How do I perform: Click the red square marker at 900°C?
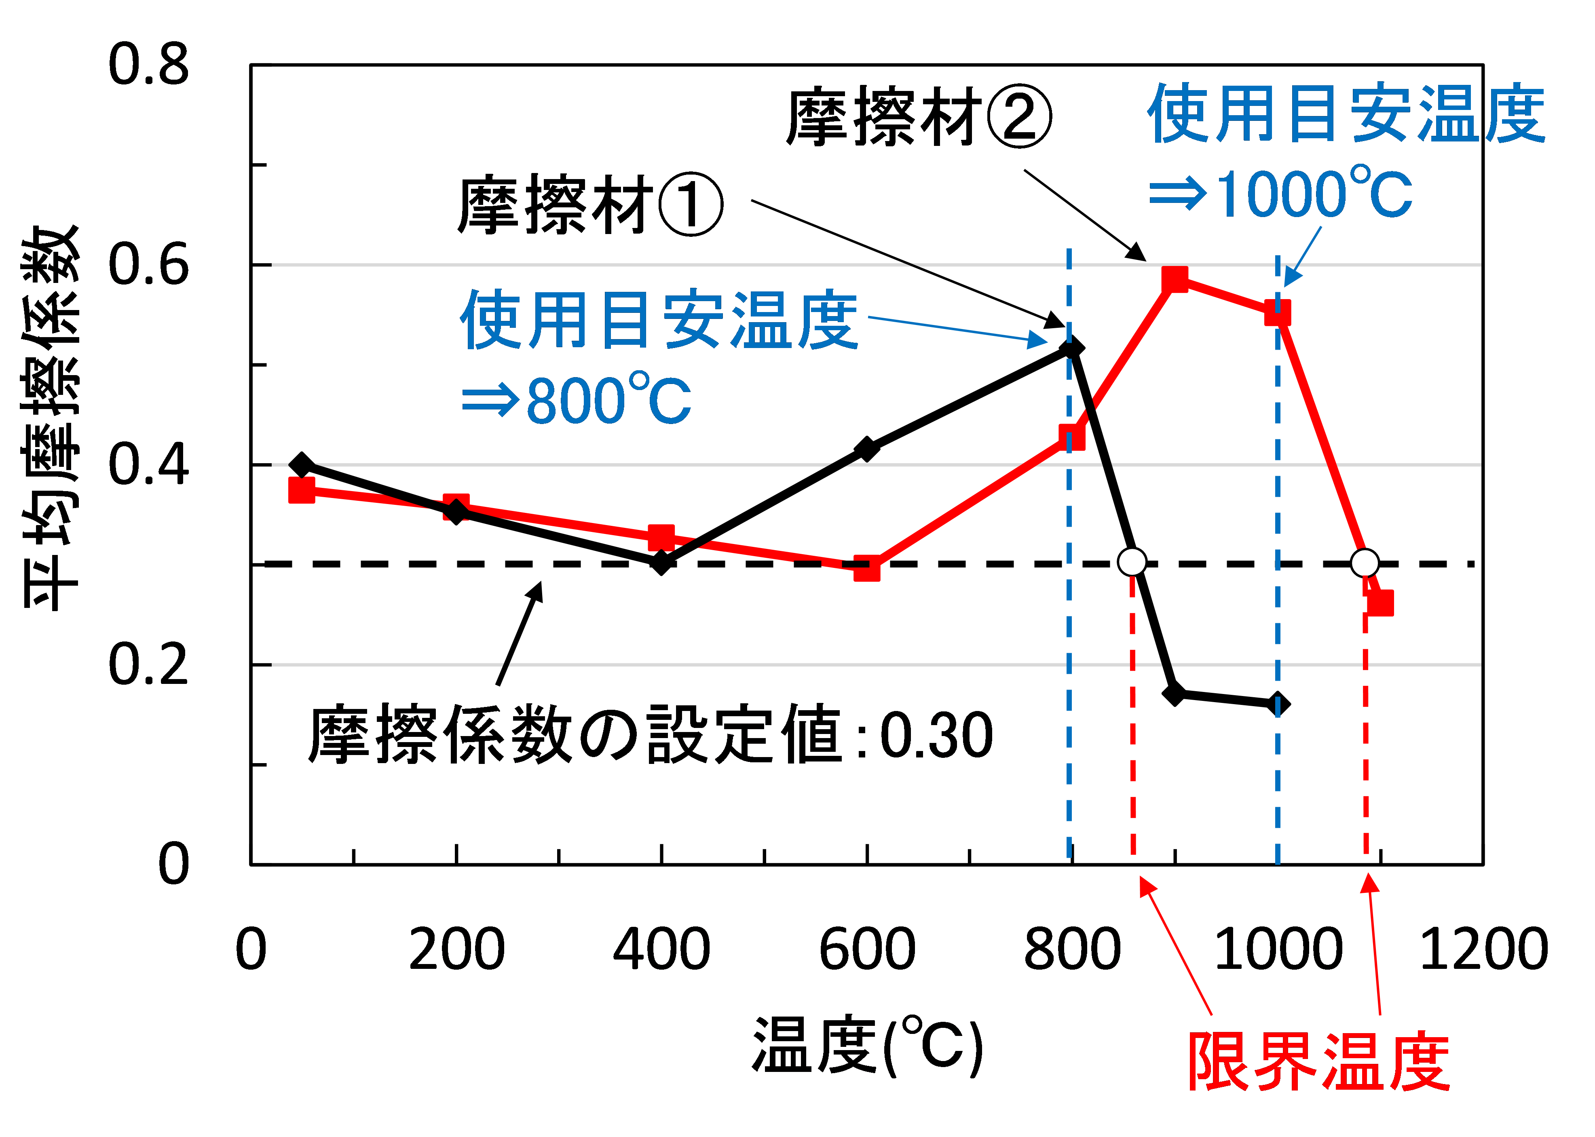click(1175, 279)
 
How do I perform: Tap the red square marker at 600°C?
click(867, 568)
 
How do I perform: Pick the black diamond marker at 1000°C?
click(1278, 704)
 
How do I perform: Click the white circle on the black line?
click(1132, 561)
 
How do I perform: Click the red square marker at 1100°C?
click(1380, 603)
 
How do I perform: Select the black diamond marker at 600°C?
click(867, 449)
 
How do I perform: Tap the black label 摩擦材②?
click(919, 118)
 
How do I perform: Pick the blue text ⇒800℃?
click(576, 401)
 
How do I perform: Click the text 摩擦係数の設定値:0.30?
click(650, 735)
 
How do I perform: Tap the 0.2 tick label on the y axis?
click(148, 664)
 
